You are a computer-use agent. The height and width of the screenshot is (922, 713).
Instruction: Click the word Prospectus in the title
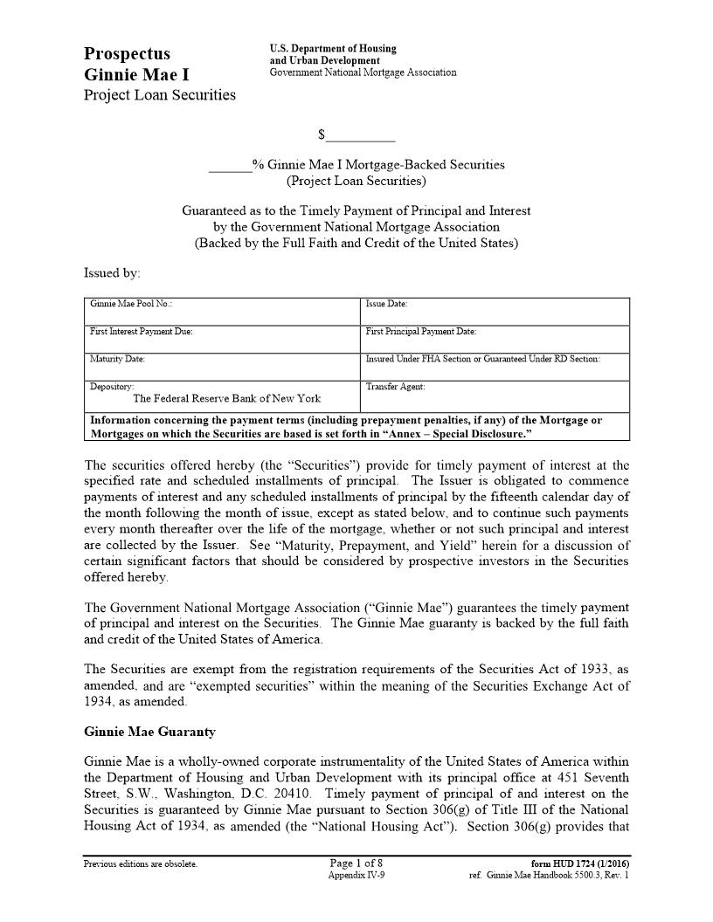128,54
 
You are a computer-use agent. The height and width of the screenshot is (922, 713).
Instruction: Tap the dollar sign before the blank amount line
322,134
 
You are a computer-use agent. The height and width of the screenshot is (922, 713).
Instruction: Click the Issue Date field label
386,304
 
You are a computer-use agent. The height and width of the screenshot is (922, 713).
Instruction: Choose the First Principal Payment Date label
420,332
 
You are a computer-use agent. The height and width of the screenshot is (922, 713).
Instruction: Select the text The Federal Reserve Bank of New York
226,398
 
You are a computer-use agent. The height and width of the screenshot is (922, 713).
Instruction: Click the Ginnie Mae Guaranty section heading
149,732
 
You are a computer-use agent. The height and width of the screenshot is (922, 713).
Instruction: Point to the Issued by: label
112,273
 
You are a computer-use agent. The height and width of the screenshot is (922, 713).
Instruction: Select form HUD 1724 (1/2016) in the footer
580,864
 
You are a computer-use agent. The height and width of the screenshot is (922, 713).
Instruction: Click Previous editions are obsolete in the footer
140,864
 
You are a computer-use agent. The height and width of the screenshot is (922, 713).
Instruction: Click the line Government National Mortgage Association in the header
363,72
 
